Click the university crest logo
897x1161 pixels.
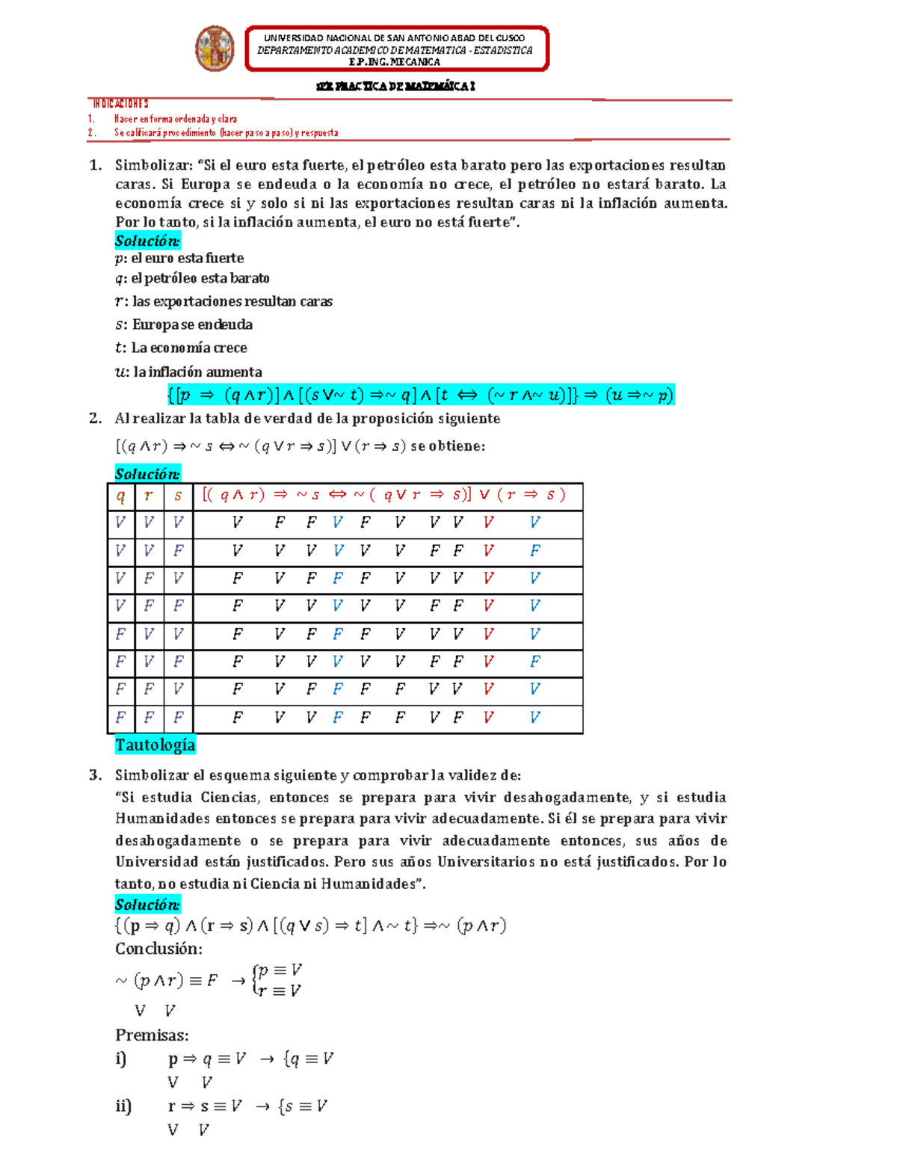pyautogui.click(x=215, y=49)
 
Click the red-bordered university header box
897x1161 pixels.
pyautogui.click(x=396, y=49)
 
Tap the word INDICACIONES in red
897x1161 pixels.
pyautogui.click(x=120, y=104)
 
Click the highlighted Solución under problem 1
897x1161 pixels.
pyautogui.click(x=147, y=241)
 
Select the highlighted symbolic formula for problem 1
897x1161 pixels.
pyautogui.click(x=421, y=395)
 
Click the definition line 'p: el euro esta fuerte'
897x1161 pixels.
pyautogui.click(x=179, y=258)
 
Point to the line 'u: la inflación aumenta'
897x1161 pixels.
pyautogui.click(x=188, y=372)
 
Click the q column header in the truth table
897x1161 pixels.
pyautogui.click(x=121, y=496)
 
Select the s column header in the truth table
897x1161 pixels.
pyautogui.click(x=178, y=496)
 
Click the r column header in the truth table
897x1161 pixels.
pyautogui.click(x=149, y=496)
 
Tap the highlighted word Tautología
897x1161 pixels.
pyautogui.click(x=155, y=745)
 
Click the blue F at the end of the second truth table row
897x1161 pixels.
pyautogui.click(x=534, y=551)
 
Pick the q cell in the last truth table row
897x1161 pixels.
pyautogui.click(x=121, y=718)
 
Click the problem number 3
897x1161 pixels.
pyautogui.click(x=95, y=774)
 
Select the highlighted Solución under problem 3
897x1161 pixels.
pyautogui.click(x=147, y=905)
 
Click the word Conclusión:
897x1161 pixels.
pyautogui.click(x=158, y=949)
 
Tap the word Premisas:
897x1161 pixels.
pyautogui.click(x=152, y=1035)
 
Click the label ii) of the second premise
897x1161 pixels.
pyautogui.click(x=123, y=1106)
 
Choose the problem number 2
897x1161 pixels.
pyautogui.click(x=95, y=419)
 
